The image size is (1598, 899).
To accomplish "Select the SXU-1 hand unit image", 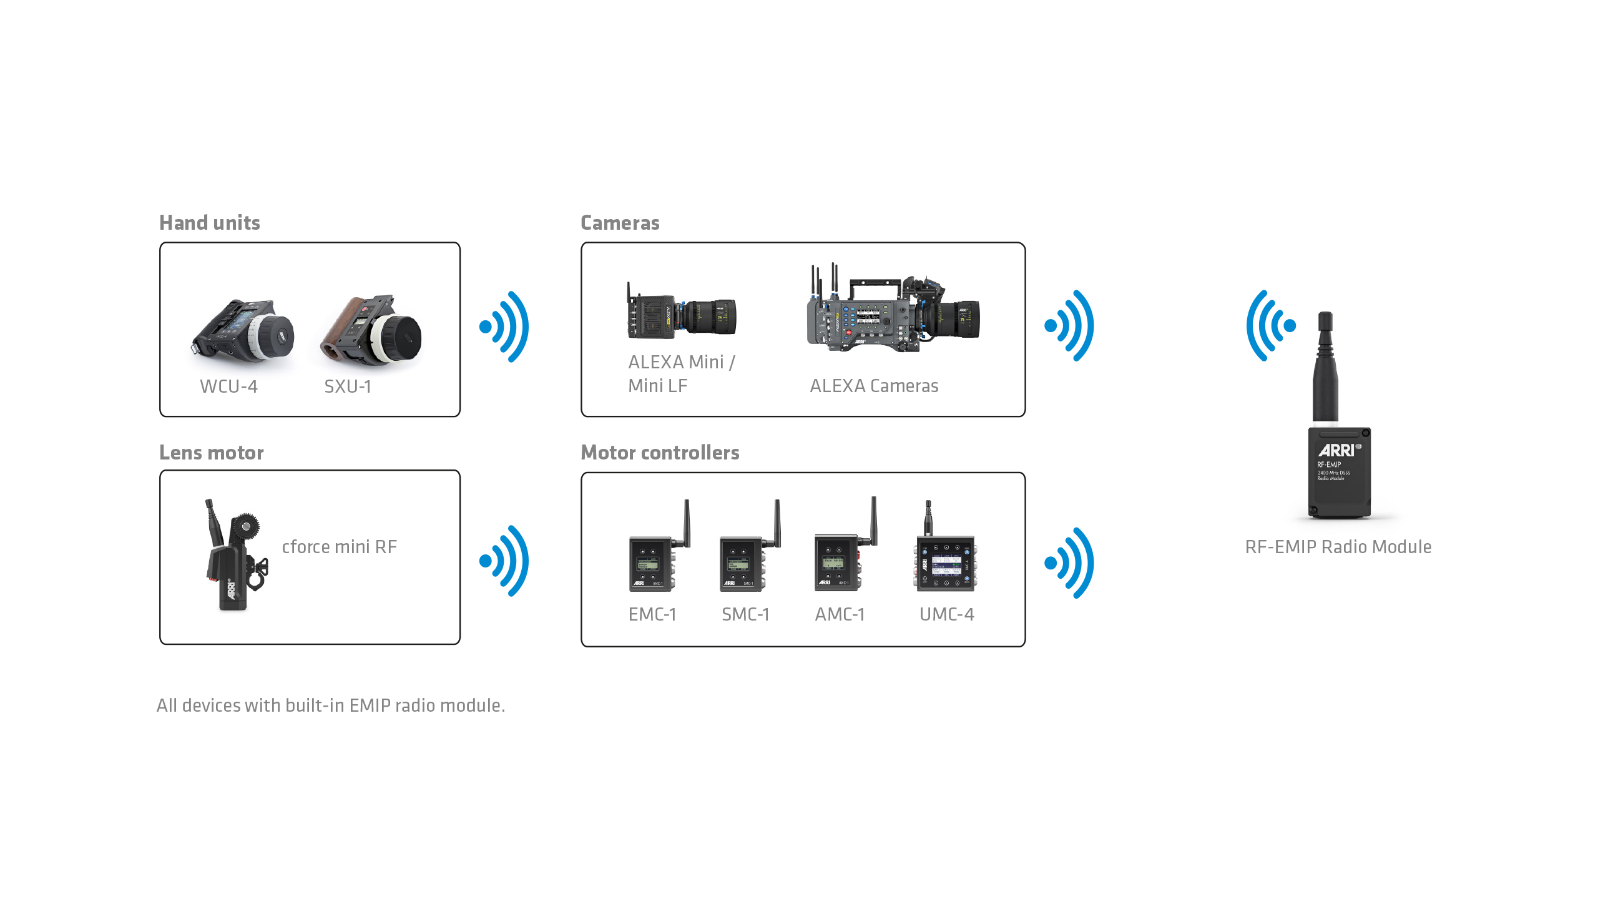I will pyautogui.click(x=372, y=332).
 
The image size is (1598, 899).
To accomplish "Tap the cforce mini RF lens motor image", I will pyautogui.click(x=234, y=555).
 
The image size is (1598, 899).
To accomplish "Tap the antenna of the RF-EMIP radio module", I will pyautogui.click(x=1325, y=368).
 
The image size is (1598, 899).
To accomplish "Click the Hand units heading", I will pyautogui.click(x=210, y=223).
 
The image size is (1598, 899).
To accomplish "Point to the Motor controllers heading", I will pyautogui.click(x=660, y=453).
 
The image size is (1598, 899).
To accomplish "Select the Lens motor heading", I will pyautogui.click(x=212, y=453).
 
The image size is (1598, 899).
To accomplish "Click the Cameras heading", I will pyautogui.click(x=620, y=223).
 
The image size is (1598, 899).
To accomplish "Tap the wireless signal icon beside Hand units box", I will pyautogui.click(x=505, y=327).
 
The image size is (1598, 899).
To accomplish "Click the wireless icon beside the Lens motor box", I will pyautogui.click(x=505, y=561).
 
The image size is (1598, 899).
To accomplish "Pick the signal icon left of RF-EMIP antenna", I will pyautogui.click(x=1270, y=325).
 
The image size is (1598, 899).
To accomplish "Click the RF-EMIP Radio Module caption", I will pyautogui.click(x=1338, y=547).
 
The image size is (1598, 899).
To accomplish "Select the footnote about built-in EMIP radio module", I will pyautogui.click(x=331, y=705).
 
